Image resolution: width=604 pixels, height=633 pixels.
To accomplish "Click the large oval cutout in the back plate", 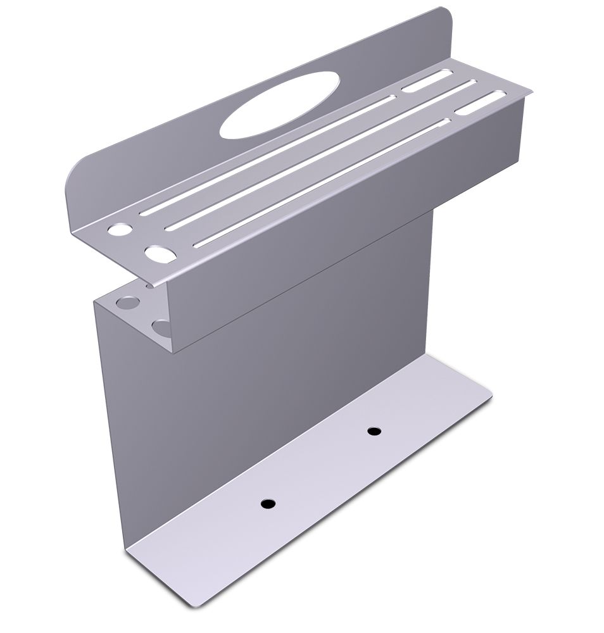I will coord(279,105).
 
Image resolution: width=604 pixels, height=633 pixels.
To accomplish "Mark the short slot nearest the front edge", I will coord(481,103).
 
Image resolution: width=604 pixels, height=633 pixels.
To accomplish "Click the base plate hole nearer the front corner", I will coord(268,504).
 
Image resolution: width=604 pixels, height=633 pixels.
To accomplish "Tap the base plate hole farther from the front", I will coord(374,431).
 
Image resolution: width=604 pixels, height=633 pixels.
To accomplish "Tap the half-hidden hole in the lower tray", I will coord(161,328).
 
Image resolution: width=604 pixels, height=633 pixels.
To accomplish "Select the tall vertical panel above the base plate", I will coord(266,392).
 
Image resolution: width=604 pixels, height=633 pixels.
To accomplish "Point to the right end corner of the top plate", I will coord(531,92).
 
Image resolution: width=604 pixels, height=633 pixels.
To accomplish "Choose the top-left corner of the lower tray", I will coord(96,302).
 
